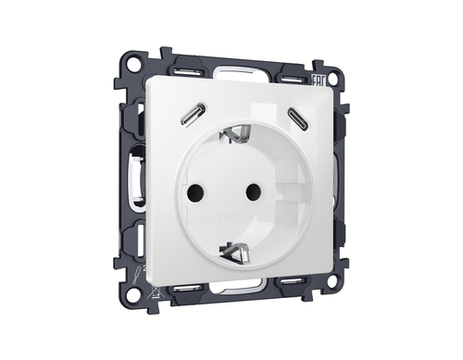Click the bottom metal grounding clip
click(234, 250)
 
